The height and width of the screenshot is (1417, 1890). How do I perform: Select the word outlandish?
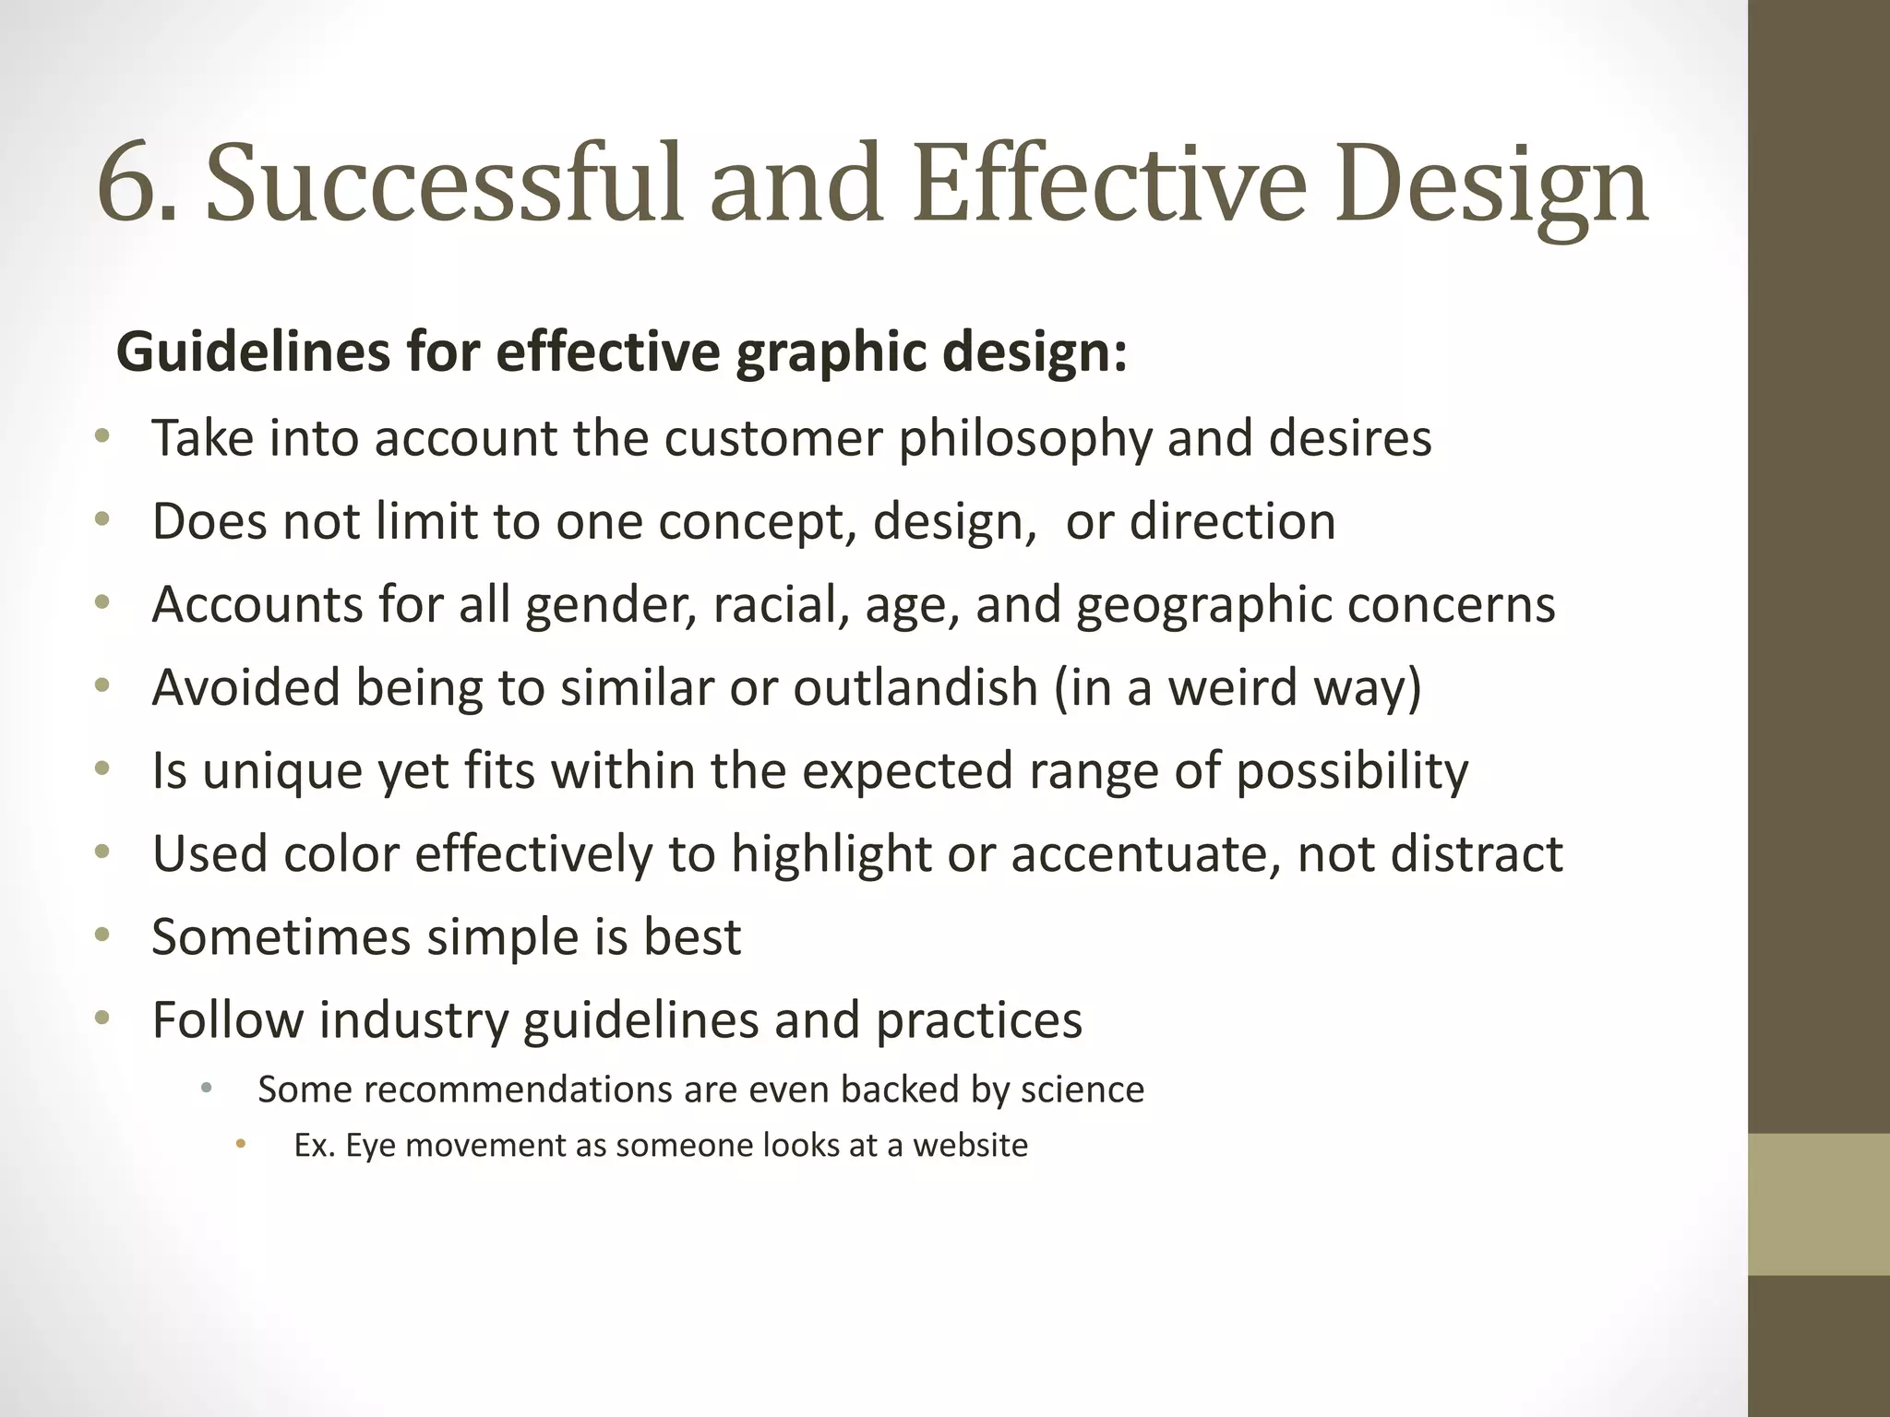[x=915, y=687]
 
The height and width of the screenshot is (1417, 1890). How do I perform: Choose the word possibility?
[x=1351, y=771]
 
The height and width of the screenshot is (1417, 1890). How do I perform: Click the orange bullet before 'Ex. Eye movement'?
[x=241, y=1145]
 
